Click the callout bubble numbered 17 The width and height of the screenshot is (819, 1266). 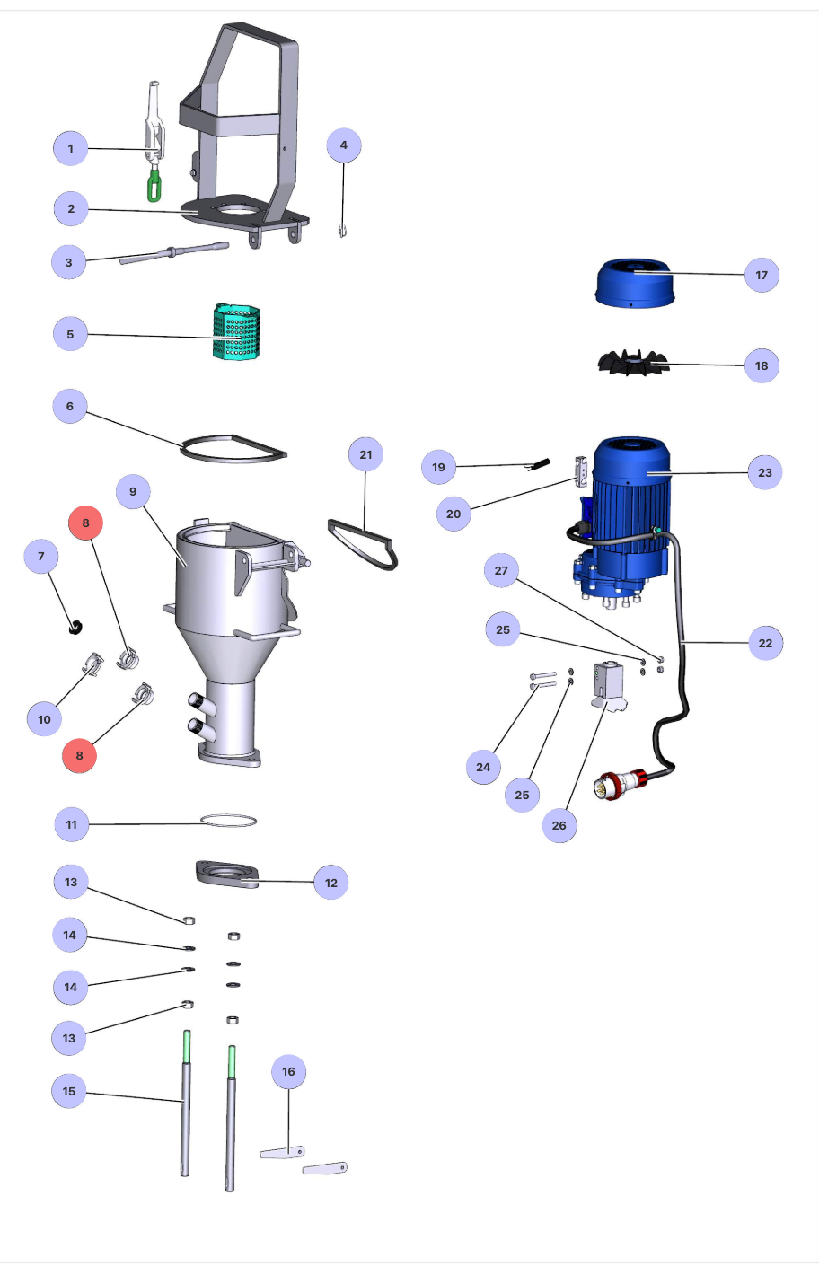762,275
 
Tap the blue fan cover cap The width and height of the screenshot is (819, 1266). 634,283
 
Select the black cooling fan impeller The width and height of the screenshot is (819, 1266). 634,363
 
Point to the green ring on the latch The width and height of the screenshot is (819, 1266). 155,187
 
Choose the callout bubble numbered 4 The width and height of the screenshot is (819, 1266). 343,145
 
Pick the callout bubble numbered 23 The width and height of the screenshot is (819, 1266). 764,472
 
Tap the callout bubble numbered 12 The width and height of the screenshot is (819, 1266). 330,883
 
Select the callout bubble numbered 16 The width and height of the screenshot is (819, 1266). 288,1071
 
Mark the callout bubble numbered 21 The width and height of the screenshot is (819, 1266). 365,454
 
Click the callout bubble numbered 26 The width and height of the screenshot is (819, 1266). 559,825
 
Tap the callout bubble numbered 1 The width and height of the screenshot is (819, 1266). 71,148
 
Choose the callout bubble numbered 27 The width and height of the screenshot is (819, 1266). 501,570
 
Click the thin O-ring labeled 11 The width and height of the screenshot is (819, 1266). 228,821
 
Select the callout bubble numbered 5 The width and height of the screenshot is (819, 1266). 70,334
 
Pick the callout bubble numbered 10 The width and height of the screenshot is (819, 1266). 44,719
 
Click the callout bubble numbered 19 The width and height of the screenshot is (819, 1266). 438,467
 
